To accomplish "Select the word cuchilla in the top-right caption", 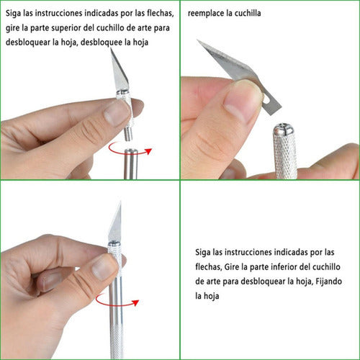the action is tap(248, 13).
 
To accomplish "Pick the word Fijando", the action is tap(328, 282).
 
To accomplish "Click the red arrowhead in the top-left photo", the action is tap(149, 151).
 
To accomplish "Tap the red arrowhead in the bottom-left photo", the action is tap(136, 302).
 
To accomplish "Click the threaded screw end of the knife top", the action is tap(128, 133).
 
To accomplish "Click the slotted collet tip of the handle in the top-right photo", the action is tap(284, 128).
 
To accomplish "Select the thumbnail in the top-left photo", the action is tap(115, 112).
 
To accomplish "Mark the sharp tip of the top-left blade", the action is tap(111, 49).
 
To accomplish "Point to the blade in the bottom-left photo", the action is tap(115, 222).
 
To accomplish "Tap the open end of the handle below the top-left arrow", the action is tap(131, 151).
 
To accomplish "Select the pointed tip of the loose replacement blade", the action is tap(198, 40).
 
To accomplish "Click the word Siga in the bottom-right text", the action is tap(203, 253).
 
